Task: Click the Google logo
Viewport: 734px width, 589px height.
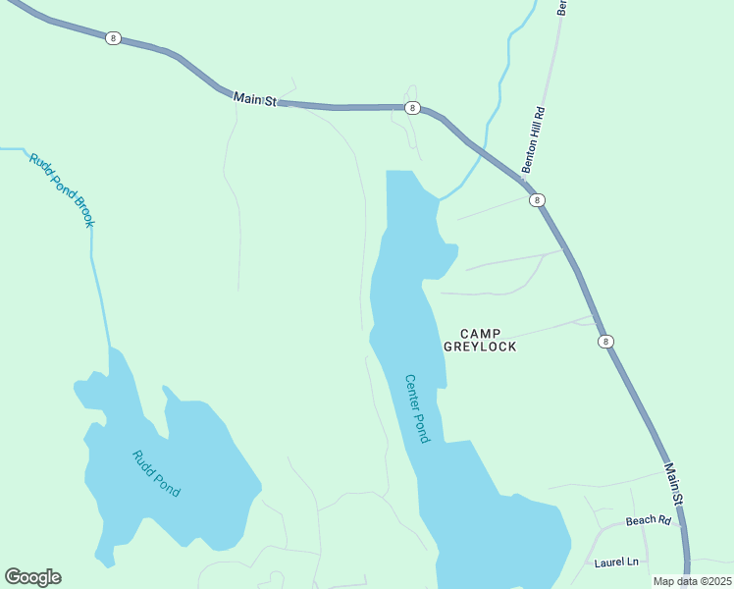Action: coord(32,577)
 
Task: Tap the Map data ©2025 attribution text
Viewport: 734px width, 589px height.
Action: coord(693,581)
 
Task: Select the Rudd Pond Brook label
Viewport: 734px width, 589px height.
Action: coord(62,189)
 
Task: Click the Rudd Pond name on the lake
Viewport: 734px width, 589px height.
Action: coord(156,472)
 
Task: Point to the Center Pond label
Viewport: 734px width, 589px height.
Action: coord(417,407)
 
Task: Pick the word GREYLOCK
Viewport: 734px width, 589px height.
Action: coord(480,347)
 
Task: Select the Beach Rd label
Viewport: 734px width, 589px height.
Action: coord(649,519)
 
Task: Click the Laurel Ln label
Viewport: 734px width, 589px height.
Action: coord(616,562)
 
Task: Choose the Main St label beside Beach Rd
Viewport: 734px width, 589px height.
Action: coord(673,485)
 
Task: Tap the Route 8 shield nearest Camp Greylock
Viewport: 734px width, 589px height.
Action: coord(606,342)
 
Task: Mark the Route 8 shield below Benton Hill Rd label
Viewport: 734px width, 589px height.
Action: coord(537,200)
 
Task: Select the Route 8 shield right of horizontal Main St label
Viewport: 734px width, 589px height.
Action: coord(412,107)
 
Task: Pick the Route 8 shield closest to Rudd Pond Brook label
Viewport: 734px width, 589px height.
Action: coord(114,37)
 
